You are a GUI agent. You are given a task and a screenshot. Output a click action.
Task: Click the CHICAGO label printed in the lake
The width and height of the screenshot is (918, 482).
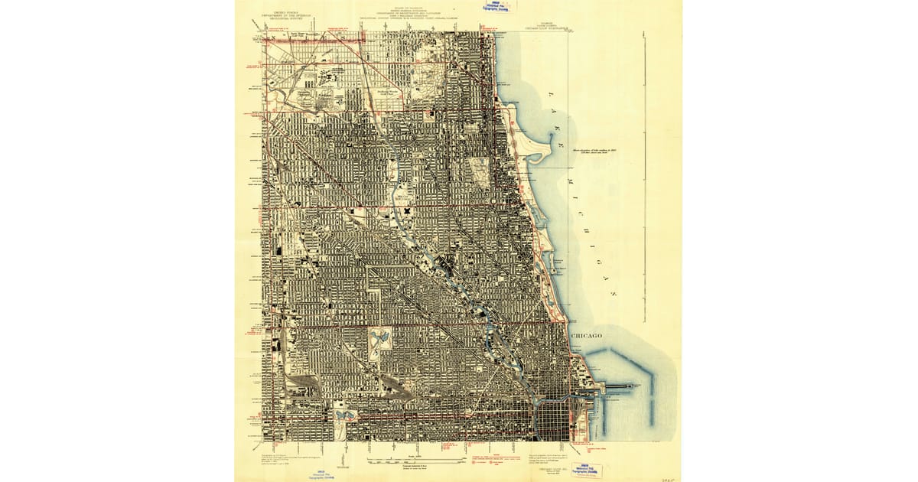click(x=586, y=336)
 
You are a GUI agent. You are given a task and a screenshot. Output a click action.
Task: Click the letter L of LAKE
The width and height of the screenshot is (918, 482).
click(x=549, y=93)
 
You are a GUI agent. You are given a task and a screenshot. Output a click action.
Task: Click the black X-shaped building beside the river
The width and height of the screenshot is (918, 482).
click(x=409, y=209)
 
